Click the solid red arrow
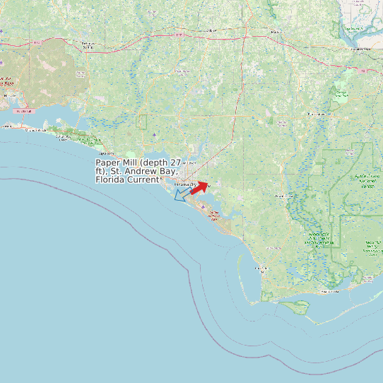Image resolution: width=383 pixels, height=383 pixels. (x=200, y=187)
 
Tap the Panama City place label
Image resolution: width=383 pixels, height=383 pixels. (x=182, y=184)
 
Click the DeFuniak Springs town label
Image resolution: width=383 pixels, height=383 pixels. (x=88, y=45)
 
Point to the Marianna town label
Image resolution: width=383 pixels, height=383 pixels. (x=275, y=32)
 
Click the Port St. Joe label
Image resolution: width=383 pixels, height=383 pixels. (x=261, y=269)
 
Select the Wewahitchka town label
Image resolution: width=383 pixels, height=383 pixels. (x=284, y=196)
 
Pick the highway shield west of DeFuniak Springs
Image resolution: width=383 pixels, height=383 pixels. (x=36, y=43)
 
